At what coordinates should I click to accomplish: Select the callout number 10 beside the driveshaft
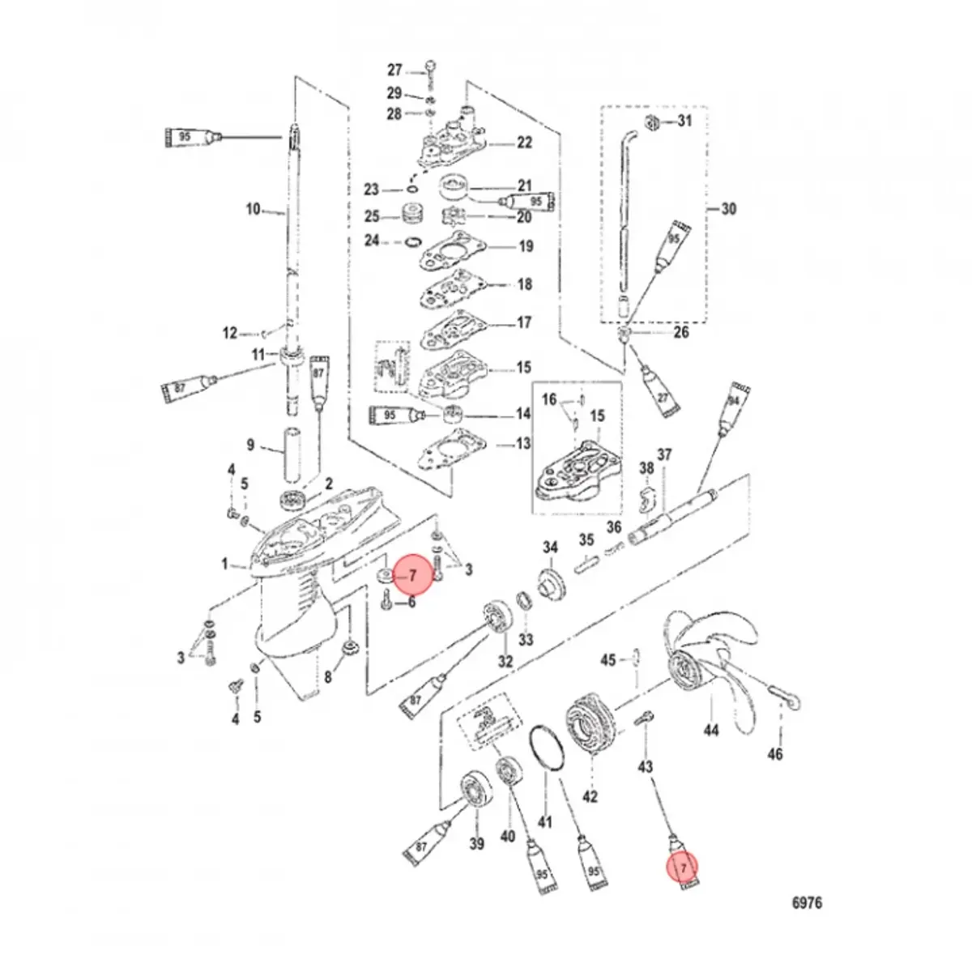(254, 209)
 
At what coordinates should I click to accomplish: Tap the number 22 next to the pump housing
(525, 143)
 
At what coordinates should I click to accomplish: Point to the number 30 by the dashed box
(728, 209)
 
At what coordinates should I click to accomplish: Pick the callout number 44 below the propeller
(710, 731)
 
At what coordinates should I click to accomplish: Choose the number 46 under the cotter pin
(775, 755)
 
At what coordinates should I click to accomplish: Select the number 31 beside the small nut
(685, 122)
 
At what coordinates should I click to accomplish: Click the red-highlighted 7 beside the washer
(412, 576)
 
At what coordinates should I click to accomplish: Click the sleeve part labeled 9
(292, 456)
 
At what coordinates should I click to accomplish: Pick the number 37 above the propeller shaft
(664, 456)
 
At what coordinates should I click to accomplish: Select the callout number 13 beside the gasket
(524, 444)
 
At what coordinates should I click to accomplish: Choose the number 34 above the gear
(551, 548)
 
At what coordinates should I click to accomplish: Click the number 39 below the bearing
(477, 845)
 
